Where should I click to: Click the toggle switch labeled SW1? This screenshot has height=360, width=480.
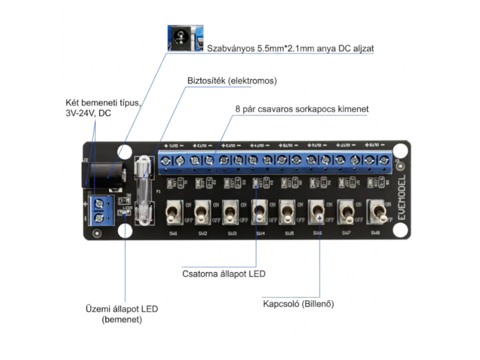point(172,212)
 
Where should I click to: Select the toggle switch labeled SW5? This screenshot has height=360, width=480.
point(286,212)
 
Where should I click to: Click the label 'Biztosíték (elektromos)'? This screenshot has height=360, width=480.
point(232,81)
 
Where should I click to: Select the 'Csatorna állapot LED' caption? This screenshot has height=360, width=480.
point(224,273)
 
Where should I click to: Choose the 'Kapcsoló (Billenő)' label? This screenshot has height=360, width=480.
point(299,304)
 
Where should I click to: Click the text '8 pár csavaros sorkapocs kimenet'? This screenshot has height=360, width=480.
point(302,109)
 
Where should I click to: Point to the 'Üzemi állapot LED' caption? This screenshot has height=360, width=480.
point(121,309)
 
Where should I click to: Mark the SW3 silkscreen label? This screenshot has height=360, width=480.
point(232,233)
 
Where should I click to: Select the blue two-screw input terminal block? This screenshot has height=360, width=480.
point(99,211)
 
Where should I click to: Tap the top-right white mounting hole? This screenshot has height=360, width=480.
point(399,150)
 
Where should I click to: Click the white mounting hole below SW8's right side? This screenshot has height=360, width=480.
point(399,230)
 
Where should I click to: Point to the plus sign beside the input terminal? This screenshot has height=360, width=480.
point(85,204)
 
